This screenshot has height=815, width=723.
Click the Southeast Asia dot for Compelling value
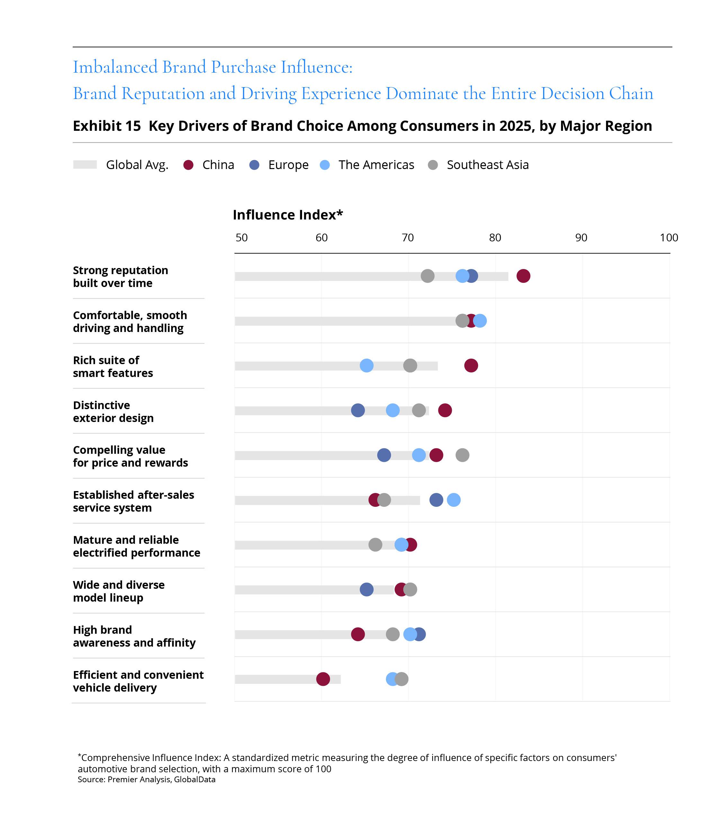pyautogui.click(x=462, y=455)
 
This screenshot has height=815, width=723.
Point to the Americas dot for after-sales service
pyautogui.click(x=453, y=500)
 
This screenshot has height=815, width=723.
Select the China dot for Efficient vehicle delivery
pyautogui.click(x=323, y=679)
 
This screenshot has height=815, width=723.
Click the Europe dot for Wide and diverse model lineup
pyautogui.click(x=367, y=589)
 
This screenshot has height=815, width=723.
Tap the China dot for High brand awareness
pyautogui.click(x=358, y=634)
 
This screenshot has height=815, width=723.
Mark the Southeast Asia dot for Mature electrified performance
pyautogui.click(x=375, y=544)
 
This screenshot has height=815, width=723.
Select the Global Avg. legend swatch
pyautogui.click(x=85, y=165)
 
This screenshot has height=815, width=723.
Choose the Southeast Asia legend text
pyautogui.click(x=488, y=165)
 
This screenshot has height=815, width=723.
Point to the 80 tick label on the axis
pyautogui.click(x=495, y=237)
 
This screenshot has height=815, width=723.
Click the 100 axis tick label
pyautogui.click(x=669, y=237)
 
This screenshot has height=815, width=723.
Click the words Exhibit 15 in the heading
pyautogui.click(x=107, y=126)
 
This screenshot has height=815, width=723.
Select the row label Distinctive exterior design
pyautogui.click(x=113, y=411)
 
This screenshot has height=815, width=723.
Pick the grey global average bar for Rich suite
pyautogui.click(x=336, y=366)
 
